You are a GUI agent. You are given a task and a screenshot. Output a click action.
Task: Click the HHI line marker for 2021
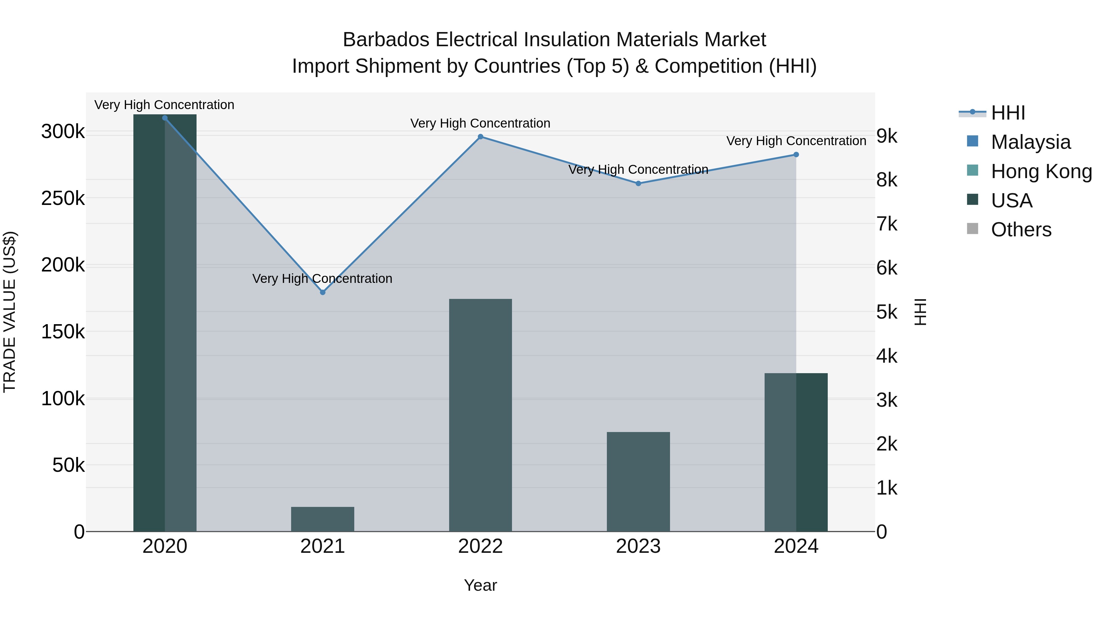(323, 292)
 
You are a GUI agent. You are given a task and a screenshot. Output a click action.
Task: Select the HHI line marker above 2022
(481, 137)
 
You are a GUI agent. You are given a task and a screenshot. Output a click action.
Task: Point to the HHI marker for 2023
(639, 183)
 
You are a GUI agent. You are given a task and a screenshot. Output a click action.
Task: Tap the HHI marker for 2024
(796, 155)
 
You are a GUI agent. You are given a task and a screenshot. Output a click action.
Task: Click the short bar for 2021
(323, 519)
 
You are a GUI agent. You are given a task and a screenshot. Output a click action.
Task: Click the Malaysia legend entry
(1030, 142)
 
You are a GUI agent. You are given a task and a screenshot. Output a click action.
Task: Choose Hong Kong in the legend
(1041, 171)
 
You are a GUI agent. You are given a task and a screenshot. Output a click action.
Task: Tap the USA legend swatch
(973, 200)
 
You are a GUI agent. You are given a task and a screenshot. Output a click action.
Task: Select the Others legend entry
(1021, 230)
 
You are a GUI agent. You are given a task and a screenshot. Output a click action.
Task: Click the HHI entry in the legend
(1007, 113)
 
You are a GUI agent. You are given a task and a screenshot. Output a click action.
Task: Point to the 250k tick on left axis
(63, 198)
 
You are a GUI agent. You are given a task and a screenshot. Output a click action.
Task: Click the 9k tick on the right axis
(887, 137)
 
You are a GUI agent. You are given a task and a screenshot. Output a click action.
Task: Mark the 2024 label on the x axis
(796, 546)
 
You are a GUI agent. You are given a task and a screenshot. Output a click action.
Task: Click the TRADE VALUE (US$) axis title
(10, 312)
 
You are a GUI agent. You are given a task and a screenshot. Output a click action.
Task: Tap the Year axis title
(481, 585)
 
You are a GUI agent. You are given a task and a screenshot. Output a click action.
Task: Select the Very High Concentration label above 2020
(165, 105)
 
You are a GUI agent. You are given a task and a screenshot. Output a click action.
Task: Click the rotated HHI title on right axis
(920, 312)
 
